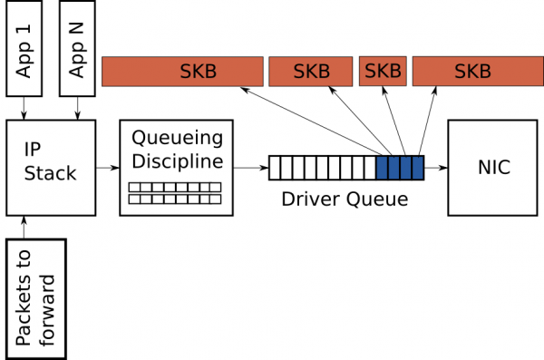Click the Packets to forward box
pos(37,297)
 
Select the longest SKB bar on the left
pos(181,72)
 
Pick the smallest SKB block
pos(383,72)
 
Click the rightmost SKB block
pos(472,72)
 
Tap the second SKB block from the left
pos(310,72)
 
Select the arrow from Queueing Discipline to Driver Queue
pos(250,168)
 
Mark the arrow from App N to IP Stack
pos(77,108)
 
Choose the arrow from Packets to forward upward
pos(37,226)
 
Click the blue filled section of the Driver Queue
pos(400,168)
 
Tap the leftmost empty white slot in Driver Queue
pos(275,168)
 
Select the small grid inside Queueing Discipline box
pos(175,192)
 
